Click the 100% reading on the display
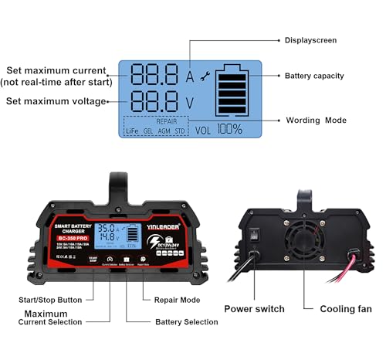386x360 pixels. pos(230,130)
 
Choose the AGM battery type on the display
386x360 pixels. pos(164,131)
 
